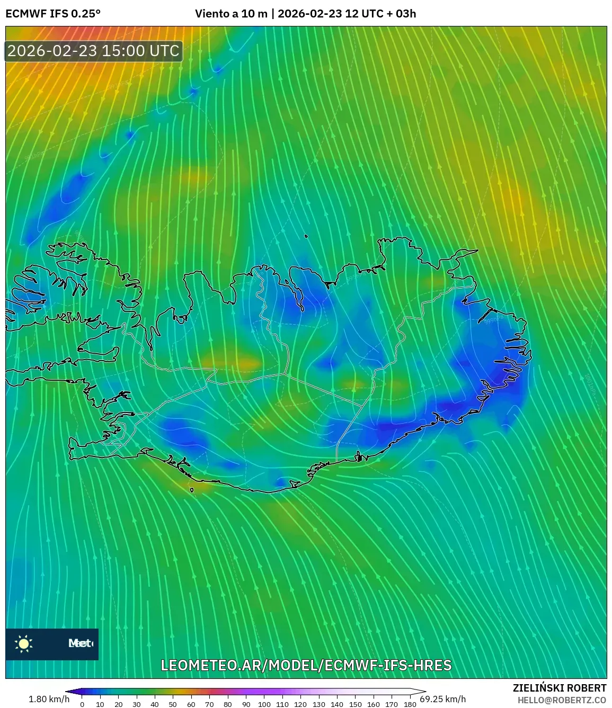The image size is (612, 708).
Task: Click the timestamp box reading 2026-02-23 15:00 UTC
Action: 94,51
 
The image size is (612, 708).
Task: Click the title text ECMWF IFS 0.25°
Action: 53,14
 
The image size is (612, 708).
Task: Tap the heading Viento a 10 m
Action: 231,14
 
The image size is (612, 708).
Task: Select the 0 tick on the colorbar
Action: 82,704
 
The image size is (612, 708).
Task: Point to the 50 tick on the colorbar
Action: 173,704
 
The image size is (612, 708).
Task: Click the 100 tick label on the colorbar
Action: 264,704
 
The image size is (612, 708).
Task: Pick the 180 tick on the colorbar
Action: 410,704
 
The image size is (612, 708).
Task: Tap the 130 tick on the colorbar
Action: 318,704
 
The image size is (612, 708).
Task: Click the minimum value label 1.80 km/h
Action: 49,699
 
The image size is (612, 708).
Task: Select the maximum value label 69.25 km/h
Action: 443,699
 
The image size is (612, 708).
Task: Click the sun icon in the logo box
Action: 24,643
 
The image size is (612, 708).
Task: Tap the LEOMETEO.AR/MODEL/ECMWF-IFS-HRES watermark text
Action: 306,665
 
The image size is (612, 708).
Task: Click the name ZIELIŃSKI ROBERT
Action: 560,688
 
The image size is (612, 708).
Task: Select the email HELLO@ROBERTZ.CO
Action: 562,700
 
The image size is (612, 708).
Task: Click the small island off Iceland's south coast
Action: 192,490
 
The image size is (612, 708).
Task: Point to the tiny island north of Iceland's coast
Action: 306,237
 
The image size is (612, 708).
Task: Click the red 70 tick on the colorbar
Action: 209,704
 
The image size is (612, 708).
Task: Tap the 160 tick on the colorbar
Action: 373,704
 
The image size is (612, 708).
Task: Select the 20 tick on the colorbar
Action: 118,704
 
